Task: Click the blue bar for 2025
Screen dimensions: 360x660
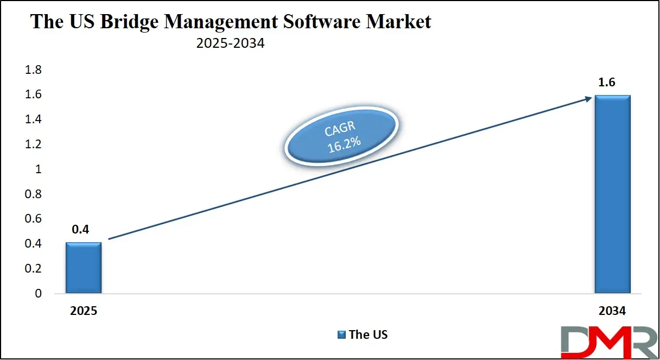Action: pos(83,268)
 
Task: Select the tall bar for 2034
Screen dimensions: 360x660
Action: pos(612,194)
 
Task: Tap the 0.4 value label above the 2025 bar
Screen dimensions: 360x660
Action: pos(80,230)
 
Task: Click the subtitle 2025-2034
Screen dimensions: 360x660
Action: pos(231,43)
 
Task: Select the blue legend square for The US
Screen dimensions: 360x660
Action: pos(341,335)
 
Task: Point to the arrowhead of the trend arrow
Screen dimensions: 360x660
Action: pos(588,98)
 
